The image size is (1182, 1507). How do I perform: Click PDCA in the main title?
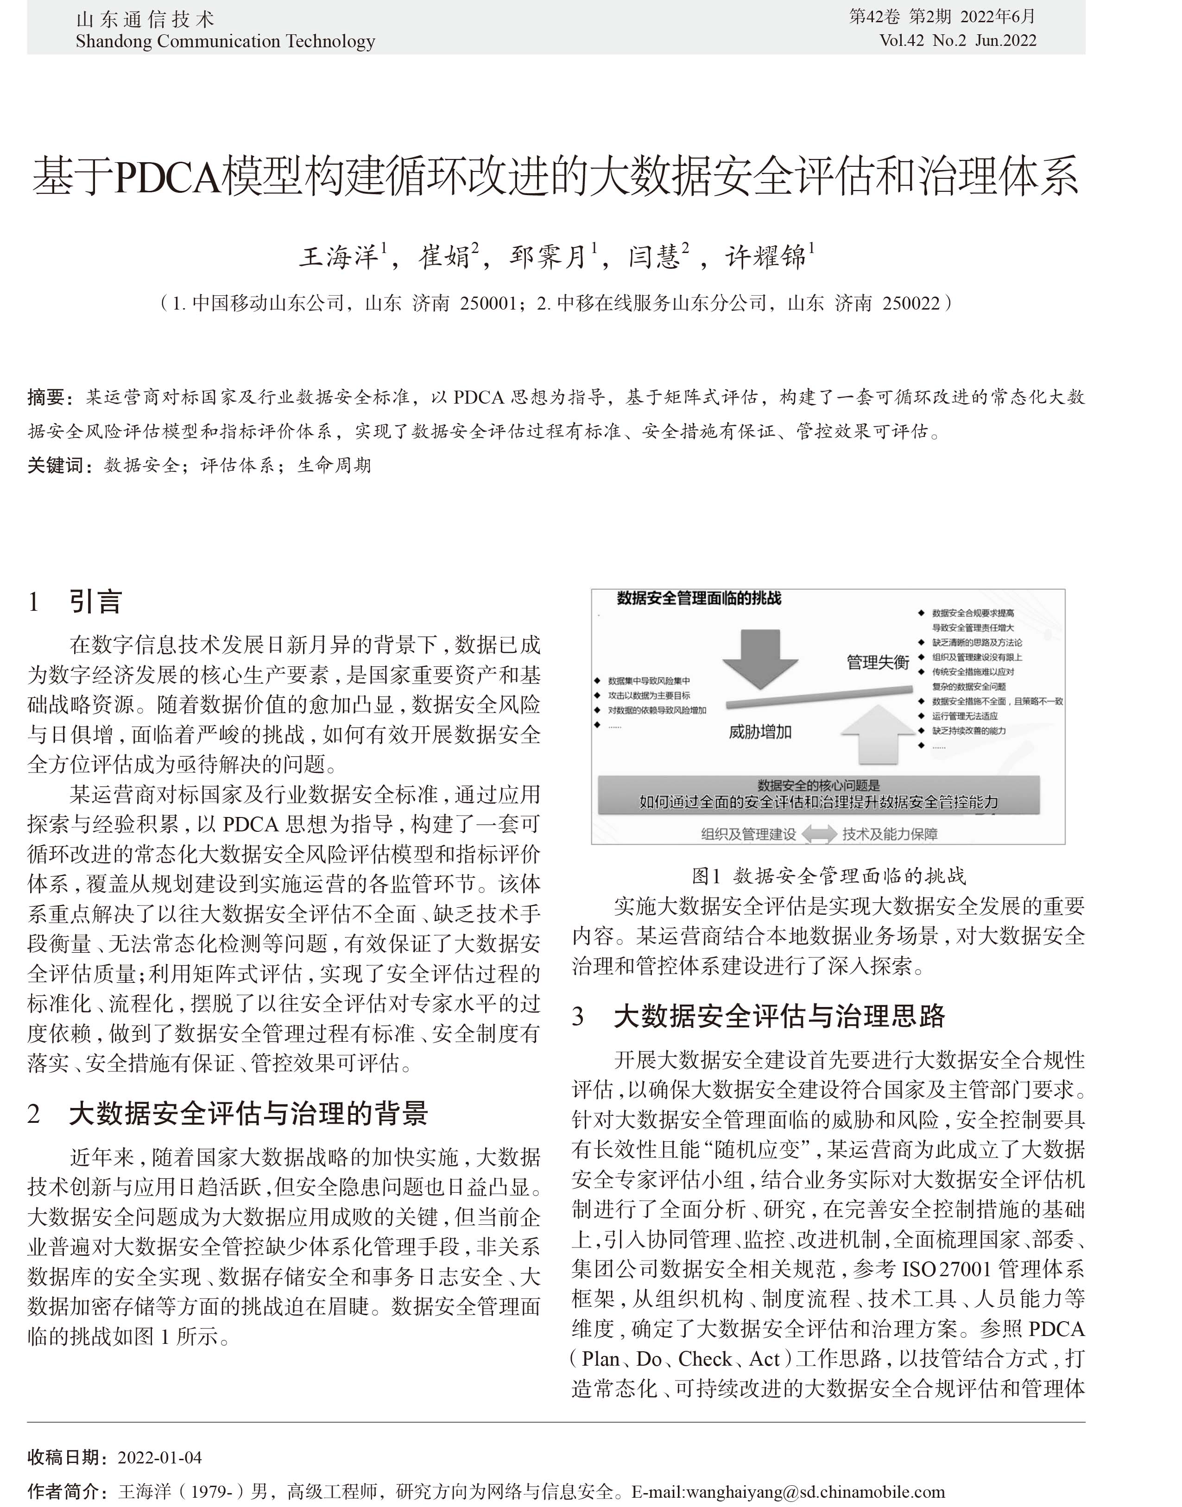[168, 177]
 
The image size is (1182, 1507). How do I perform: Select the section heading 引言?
[95, 602]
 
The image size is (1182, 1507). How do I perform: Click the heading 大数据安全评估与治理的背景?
[248, 1114]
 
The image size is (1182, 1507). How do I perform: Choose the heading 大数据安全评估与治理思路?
[779, 1016]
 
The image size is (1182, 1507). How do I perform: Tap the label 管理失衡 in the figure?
[878, 663]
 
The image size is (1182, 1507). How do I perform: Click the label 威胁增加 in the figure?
[760, 732]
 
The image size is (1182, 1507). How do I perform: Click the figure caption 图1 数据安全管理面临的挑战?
[828, 876]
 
